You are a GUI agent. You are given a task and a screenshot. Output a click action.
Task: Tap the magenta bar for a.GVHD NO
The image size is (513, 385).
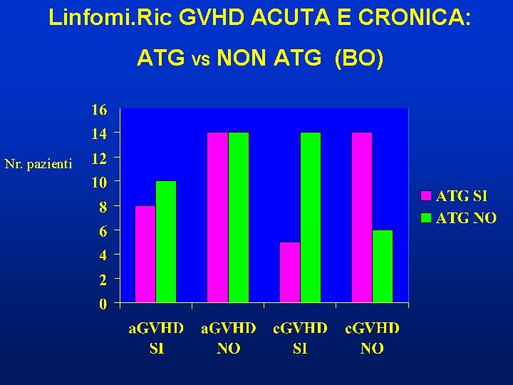click(217, 217)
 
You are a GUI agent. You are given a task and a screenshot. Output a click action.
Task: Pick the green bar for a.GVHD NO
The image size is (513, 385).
click(239, 217)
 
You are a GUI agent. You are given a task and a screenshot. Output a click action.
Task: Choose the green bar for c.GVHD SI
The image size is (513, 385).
click(311, 217)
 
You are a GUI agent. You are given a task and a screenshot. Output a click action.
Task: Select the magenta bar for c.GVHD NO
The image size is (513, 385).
click(362, 217)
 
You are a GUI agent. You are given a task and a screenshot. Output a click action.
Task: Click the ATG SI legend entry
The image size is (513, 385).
click(457, 195)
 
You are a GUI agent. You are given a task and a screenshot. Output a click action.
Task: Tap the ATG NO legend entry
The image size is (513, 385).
click(459, 218)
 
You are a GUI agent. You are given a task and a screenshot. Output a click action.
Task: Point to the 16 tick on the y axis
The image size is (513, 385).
click(98, 110)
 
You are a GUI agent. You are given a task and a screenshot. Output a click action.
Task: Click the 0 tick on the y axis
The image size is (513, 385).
click(103, 304)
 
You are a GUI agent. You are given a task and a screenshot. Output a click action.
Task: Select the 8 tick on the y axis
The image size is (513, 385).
click(103, 207)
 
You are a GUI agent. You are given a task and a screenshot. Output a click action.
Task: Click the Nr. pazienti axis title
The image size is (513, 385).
click(38, 165)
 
